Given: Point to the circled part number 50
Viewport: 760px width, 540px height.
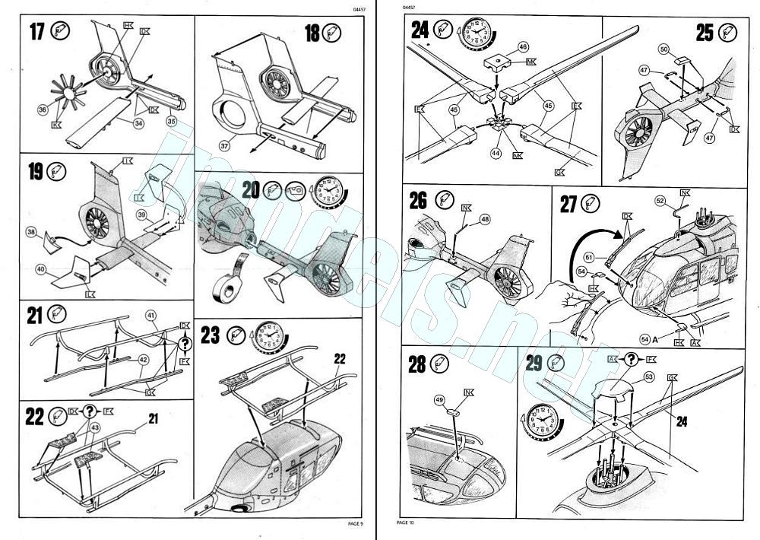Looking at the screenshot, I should click(663, 49).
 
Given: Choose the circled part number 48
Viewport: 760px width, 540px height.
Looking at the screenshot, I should click(484, 221).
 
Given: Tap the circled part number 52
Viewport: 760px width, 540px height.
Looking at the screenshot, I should click(660, 200).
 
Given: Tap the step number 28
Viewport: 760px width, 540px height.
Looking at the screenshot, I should click(416, 364).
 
